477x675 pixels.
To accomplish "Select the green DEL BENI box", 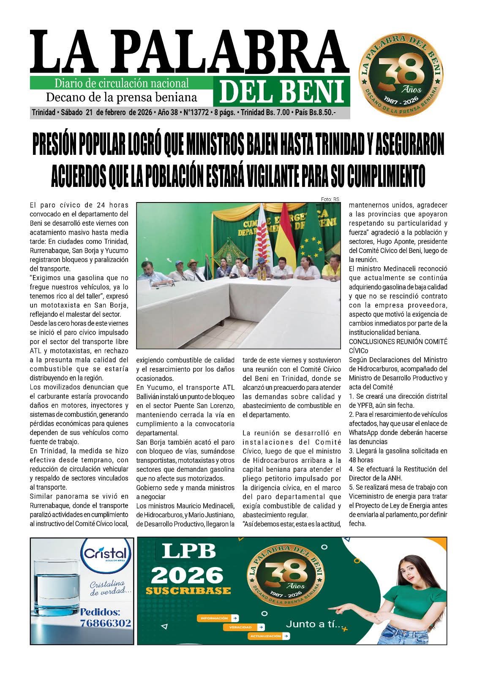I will coord(281,92).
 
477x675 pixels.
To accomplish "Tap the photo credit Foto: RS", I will coord(330,199).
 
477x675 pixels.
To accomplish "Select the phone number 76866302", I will coord(106,623).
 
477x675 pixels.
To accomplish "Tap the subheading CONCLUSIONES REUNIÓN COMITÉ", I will coord(398,341).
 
